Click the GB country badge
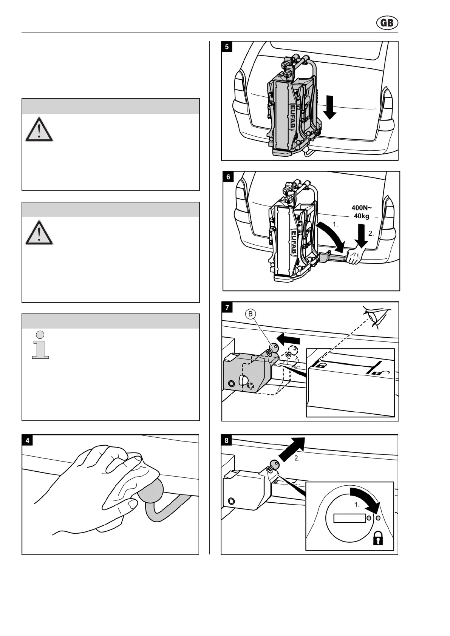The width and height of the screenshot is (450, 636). point(387,23)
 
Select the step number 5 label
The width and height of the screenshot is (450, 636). point(227,47)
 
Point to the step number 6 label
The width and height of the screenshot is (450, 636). point(228,177)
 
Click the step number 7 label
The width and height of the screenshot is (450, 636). point(227,307)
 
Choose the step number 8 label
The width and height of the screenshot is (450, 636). point(227,440)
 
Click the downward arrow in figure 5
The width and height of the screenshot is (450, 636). point(330,107)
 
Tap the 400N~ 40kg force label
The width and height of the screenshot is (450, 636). point(362,212)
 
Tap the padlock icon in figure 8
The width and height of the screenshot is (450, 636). point(378,538)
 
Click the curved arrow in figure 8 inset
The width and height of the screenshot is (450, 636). point(365,498)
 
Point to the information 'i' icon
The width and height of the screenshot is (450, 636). point(40,344)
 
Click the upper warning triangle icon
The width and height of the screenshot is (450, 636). point(39,130)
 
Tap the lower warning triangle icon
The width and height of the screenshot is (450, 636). point(39,232)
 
